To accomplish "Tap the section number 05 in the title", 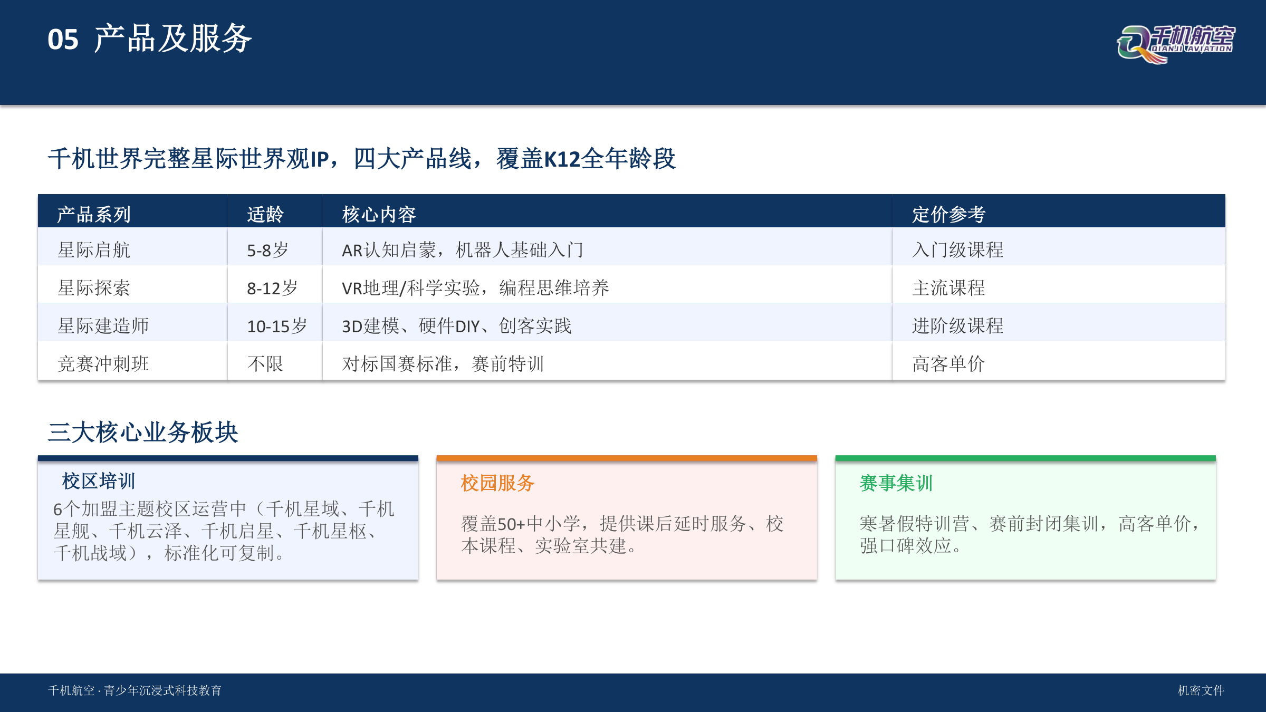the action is coord(63,40).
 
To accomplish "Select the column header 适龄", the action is coord(265,215).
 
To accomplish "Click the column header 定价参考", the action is coord(948,215).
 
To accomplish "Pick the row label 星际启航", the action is coord(94,250).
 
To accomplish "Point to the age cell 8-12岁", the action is coord(272,288).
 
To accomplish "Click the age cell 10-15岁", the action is coord(277,326).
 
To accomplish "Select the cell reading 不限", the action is coord(265,364).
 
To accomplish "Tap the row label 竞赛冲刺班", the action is coord(103,364).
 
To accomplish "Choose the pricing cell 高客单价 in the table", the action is coord(948,364).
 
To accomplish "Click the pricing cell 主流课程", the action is coord(948,288).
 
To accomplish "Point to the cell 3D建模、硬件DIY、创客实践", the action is coord(457,326).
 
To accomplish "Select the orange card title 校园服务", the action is coord(497,483).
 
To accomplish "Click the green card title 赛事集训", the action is coord(896,483).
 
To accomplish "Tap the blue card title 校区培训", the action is coord(99,481).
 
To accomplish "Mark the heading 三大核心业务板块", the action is coord(143,432).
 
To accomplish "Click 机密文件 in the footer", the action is coord(1201,690).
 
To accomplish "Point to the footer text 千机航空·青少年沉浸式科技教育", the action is coord(135,690).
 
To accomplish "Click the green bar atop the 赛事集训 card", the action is coord(1025,458).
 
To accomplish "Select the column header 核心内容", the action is coord(379,215).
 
